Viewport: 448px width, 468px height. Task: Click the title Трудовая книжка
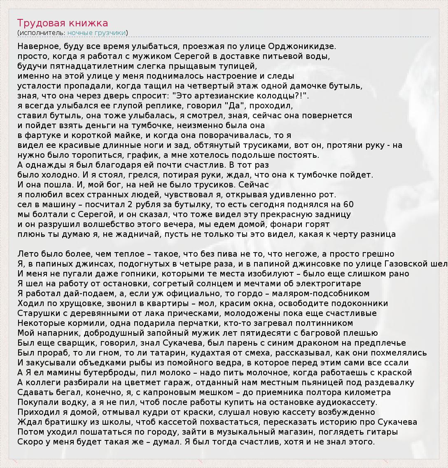click(x=63, y=23)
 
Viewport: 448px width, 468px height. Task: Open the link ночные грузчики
click(x=97, y=33)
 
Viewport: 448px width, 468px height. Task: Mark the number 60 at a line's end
click(x=348, y=204)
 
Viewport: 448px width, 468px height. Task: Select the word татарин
click(x=147, y=353)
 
